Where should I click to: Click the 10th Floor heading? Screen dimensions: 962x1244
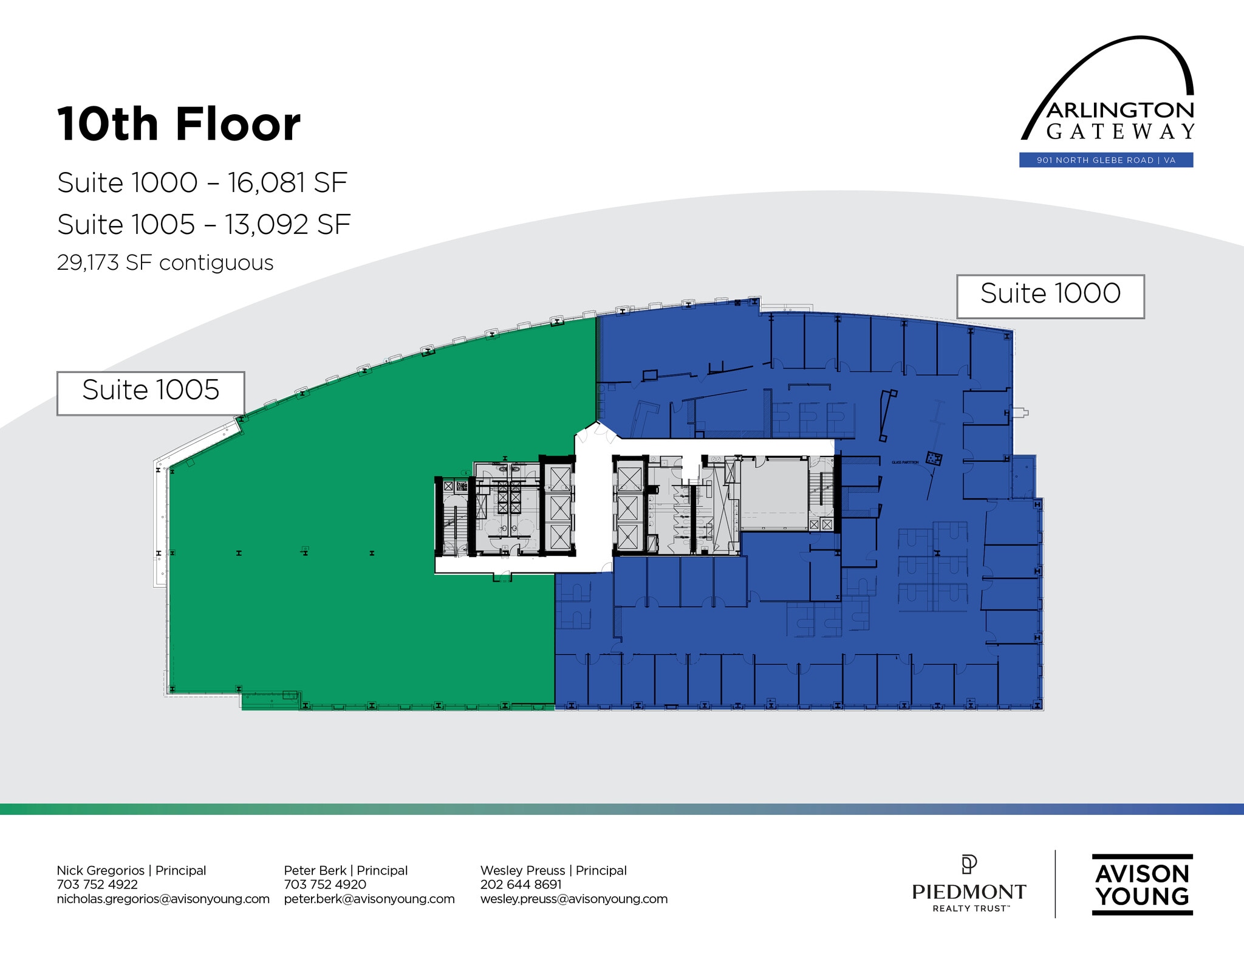[179, 124]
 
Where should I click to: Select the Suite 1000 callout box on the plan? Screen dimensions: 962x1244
[1050, 296]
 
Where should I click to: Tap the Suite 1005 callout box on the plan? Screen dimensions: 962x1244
[151, 393]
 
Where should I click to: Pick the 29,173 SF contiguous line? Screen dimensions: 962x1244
[165, 263]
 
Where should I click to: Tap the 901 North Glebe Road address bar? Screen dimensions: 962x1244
[1106, 160]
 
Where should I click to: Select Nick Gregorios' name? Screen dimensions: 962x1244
[101, 870]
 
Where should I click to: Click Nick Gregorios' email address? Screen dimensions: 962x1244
[163, 899]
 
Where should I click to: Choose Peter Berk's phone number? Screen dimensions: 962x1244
[325, 884]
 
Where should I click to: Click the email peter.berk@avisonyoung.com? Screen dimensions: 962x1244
[369, 899]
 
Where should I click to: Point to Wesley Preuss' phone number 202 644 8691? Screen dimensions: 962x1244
[521, 884]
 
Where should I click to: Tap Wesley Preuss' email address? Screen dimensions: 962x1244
[574, 899]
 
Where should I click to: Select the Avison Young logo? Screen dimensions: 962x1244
[1142, 885]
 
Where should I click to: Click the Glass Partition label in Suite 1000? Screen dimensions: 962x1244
[904, 462]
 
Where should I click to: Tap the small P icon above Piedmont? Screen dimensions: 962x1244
[969, 864]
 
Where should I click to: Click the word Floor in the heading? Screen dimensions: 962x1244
[238, 124]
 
